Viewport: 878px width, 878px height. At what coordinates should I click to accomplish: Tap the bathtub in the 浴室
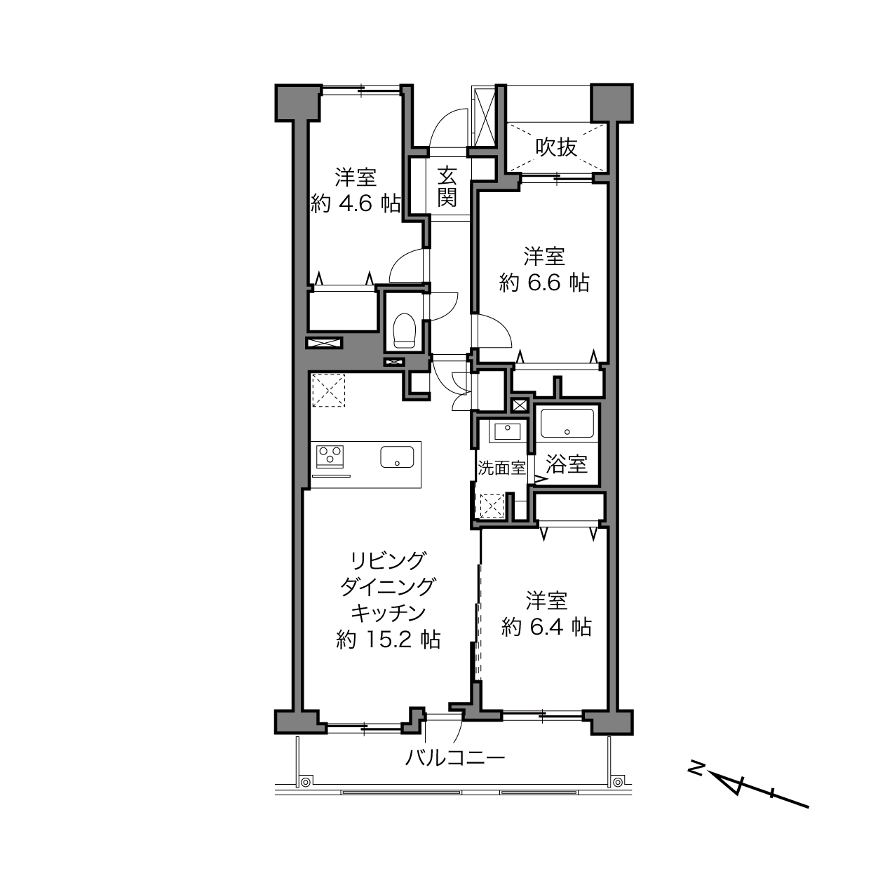point(567,424)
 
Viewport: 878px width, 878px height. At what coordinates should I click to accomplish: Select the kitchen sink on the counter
point(397,457)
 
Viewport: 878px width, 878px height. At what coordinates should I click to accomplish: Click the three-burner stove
point(330,456)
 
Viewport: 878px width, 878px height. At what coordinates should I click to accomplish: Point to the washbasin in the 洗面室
point(507,431)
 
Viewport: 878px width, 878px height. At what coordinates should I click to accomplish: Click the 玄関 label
point(447,187)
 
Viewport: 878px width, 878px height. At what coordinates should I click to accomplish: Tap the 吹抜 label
point(556,147)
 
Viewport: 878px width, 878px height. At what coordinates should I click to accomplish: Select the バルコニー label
point(455,757)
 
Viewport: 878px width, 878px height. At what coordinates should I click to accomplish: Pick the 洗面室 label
point(501,468)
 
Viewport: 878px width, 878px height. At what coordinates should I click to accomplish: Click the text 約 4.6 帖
point(356,203)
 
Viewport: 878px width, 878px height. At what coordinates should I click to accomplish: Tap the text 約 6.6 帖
point(544,283)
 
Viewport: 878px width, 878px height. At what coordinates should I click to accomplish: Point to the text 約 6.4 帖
point(546,628)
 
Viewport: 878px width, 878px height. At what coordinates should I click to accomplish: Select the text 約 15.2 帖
point(389,640)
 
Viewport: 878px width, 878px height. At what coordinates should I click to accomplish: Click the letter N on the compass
point(695,766)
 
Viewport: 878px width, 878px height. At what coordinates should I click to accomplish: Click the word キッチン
point(389,613)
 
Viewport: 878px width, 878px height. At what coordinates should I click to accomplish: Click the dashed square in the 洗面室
point(491,506)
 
